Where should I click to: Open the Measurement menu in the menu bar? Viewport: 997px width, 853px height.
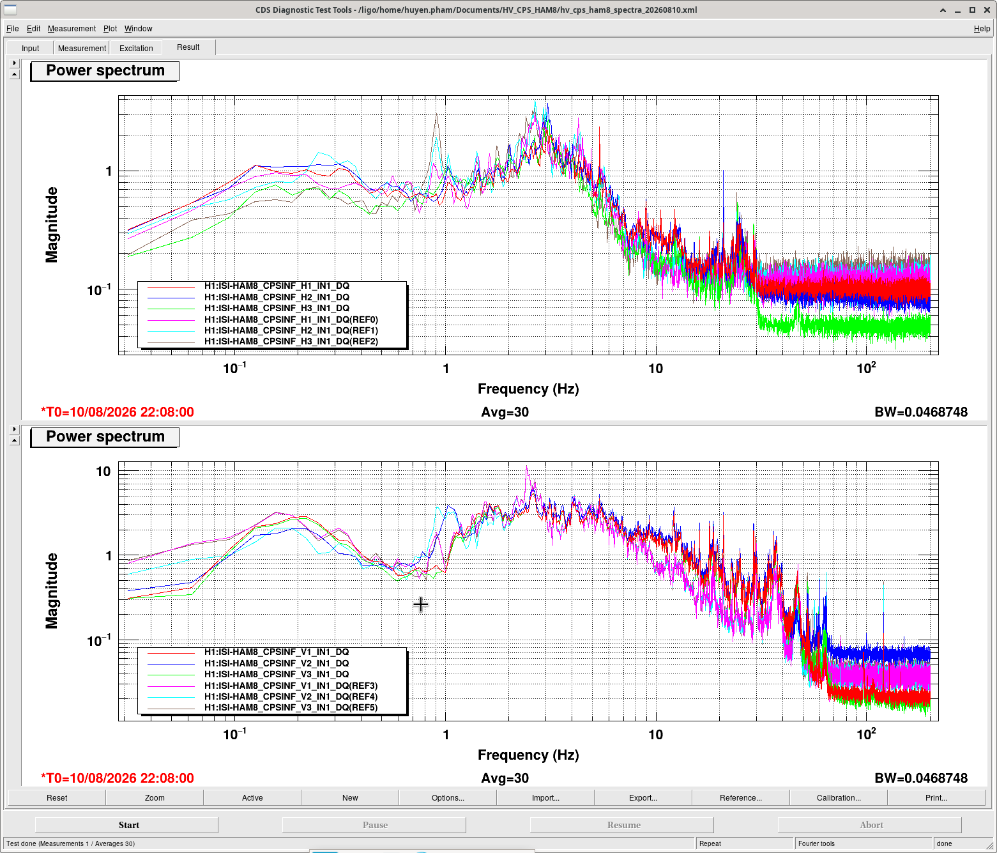point(72,29)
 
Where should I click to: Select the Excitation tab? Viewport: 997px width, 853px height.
point(136,49)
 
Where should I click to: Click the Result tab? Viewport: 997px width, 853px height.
point(188,47)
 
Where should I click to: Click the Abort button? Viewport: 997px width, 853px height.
point(871,825)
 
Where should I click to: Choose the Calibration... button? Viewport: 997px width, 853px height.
point(839,797)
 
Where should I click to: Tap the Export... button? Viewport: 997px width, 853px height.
point(643,797)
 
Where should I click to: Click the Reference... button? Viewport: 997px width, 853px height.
point(740,797)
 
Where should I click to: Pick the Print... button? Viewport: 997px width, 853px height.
point(936,797)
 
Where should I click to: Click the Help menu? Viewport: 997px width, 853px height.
point(982,29)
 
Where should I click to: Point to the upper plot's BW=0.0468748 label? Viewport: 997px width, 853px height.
point(921,412)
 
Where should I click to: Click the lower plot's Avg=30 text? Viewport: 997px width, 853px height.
point(505,778)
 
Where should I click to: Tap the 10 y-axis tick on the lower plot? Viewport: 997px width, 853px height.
point(103,472)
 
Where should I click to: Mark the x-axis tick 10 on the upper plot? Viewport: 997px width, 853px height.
point(655,369)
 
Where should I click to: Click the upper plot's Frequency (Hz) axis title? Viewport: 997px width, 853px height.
point(528,389)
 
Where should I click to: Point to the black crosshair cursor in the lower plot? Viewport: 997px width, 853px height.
point(420,604)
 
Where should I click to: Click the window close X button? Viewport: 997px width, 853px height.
point(987,10)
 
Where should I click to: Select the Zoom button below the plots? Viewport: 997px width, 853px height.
point(155,797)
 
